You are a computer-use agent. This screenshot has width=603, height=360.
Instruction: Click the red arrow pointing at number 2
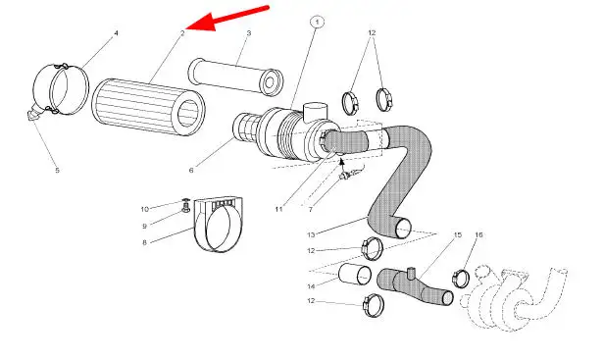[x=226, y=18]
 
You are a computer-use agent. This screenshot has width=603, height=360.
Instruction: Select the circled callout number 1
[x=317, y=22]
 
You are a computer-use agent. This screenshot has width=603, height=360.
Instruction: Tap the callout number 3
[x=249, y=33]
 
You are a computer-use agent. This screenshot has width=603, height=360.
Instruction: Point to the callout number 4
[x=116, y=33]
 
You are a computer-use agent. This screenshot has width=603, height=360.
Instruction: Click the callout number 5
[x=57, y=170]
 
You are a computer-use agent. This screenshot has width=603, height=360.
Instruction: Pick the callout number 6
[x=191, y=170]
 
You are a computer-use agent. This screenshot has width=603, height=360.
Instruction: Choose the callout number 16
[x=478, y=234]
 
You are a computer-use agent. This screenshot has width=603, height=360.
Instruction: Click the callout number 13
[x=311, y=234]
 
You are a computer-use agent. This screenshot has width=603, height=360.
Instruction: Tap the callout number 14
[x=311, y=286]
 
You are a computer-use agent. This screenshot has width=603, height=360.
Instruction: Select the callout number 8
[x=144, y=242]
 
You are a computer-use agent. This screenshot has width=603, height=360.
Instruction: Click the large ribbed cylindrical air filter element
[x=148, y=107]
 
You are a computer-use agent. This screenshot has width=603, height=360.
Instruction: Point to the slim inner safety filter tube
[x=235, y=77]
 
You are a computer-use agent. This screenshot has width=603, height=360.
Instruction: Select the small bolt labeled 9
[x=186, y=210]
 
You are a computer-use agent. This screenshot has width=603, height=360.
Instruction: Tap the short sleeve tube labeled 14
[x=355, y=275]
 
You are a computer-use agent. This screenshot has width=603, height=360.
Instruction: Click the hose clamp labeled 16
[x=461, y=279]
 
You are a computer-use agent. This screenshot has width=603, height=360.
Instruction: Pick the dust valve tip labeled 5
[x=32, y=115]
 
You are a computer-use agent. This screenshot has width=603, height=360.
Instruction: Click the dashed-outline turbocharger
[x=514, y=297]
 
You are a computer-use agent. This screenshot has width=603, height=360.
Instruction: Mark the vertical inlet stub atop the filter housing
[x=316, y=112]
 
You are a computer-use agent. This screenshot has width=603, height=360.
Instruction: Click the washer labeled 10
[x=185, y=201]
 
